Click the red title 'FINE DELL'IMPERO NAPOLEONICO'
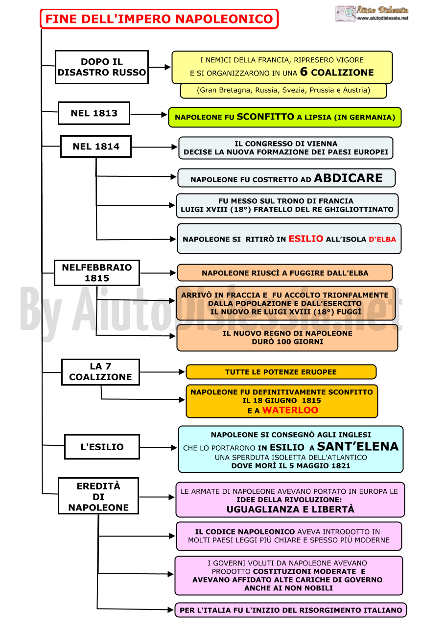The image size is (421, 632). pos(159,19)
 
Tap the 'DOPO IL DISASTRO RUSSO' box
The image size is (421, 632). pos(102,67)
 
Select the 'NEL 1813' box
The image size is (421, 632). pos(94,113)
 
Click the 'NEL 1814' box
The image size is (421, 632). pos(96,146)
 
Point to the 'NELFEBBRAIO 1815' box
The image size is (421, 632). pos(97,273)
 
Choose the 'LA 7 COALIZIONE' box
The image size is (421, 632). pos(101,372)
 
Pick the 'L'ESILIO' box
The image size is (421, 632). pos(102,447)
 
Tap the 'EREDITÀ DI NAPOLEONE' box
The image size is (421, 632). pos(98,496)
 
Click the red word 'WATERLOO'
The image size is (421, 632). pos(290,410)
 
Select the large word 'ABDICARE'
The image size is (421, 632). pos(348,178)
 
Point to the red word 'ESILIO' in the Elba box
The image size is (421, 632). pos(306,239)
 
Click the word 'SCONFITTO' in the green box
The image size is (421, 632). pos(266,117)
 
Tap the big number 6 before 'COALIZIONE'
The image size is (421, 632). pos(304,72)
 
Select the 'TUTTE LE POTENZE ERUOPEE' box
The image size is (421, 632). pos(281,372)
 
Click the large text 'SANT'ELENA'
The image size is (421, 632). pos(358,446)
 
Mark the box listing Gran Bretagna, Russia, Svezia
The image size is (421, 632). pos(283,90)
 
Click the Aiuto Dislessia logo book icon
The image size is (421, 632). pos(345,13)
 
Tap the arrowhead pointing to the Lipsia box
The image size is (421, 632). pos(164,114)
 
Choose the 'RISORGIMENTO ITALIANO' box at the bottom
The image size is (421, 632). pos(291,610)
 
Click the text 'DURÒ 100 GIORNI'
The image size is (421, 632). pos(288,341)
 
